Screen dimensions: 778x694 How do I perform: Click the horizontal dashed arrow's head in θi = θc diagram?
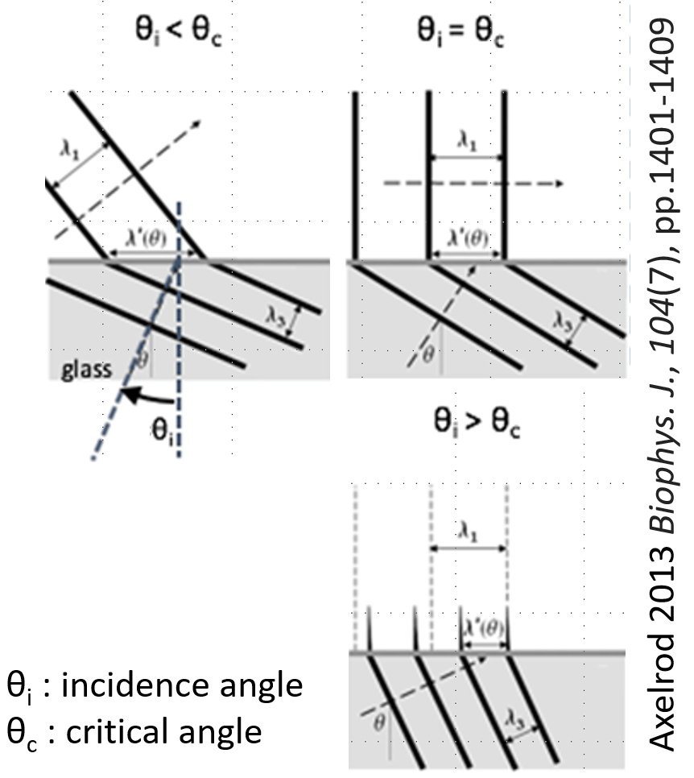click(x=556, y=183)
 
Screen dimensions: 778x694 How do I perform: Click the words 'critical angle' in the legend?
click(x=159, y=732)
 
